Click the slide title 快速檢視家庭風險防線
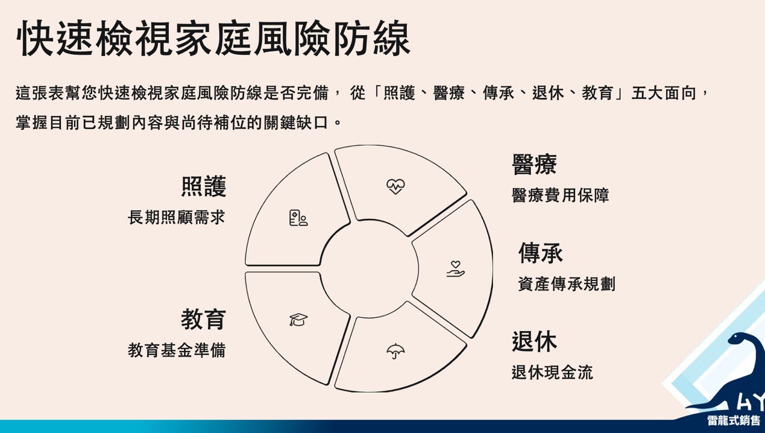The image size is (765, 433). pos(213,38)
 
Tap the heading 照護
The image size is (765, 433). pos(204,186)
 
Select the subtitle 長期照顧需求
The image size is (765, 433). pos(176,217)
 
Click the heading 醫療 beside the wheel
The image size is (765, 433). pos(534,165)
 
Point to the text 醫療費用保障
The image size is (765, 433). pos(561,195)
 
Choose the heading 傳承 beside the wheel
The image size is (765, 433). pos(541,253)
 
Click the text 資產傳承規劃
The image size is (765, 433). pos(567,284)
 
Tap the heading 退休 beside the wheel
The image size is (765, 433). pos(534,341)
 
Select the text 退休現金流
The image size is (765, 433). pos(552,372)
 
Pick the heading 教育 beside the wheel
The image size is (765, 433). pos(204,320)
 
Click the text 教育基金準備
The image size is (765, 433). pos(177,350)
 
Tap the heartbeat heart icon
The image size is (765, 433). pos(396,186)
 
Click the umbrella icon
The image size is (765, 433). pos(395,351)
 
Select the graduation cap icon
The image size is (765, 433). pos(298,320)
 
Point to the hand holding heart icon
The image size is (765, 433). pos(456,268)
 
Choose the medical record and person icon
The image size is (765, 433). pos(298,218)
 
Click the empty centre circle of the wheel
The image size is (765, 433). pos(369,268)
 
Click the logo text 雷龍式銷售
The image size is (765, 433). pos(734,420)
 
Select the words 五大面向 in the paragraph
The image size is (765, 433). pos(664,93)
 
